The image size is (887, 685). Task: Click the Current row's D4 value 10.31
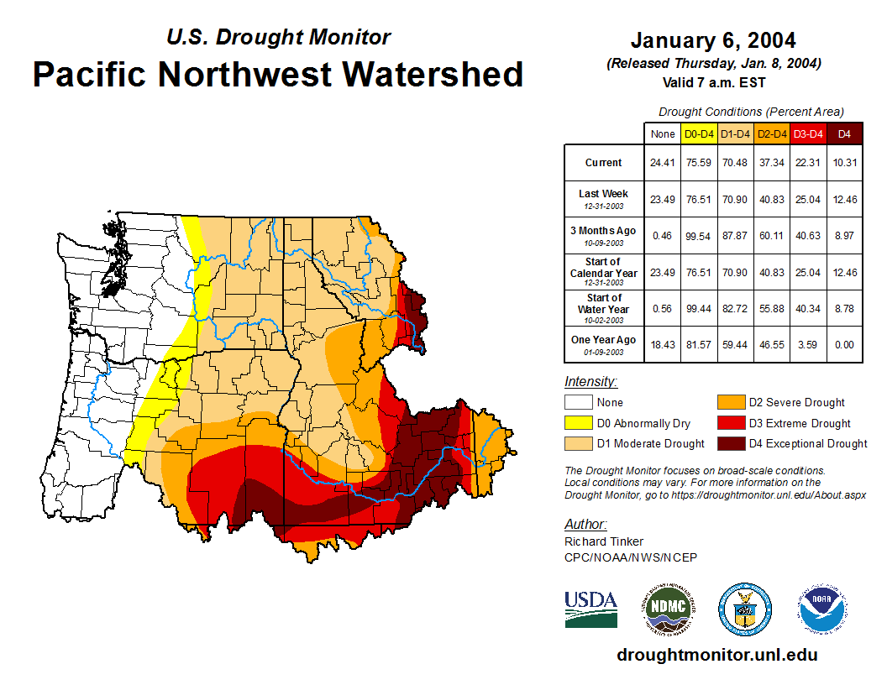pos(845,163)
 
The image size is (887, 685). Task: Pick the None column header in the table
pos(663,133)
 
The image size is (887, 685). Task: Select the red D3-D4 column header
pos(808,133)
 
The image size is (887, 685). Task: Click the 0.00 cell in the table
pos(845,344)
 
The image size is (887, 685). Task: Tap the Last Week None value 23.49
pos(663,199)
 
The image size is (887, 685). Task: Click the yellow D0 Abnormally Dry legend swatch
pos(577,423)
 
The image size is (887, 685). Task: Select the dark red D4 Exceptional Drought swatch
pos(729,443)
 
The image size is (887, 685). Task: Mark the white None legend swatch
pos(577,403)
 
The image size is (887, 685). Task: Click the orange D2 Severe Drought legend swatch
pos(729,403)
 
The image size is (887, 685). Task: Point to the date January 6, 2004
pos(713,40)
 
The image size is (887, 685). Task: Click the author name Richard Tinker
pos(603,541)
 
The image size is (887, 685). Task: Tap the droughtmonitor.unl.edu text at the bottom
pos(716,655)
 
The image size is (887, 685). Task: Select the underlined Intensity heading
pos(590,381)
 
